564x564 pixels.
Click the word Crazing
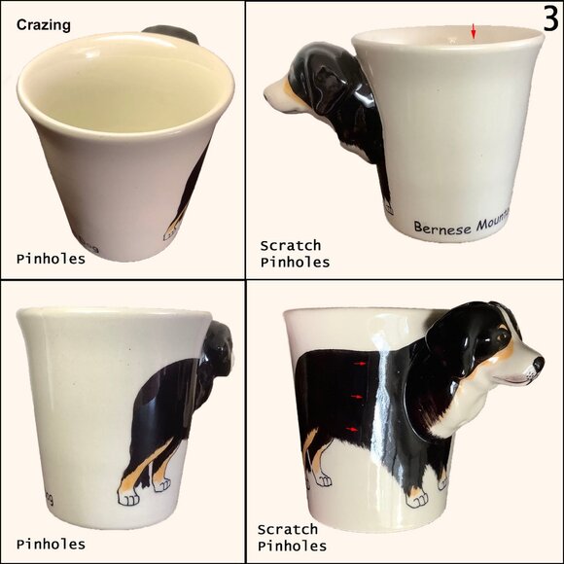pyautogui.click(x=44, y=25)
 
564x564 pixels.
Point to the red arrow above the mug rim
pyautogui.click(x=474, y=33)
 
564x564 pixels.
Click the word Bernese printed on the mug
pyautogui.click(x=442, y=227)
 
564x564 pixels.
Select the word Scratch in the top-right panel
pyautogui.click(x=289, y=246)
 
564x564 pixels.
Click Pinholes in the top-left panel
pyautogui.click(x=51, y=259)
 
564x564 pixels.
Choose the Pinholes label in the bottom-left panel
pyautogui.click(x=51, y=544)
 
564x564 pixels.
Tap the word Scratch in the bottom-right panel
pyautogui.click(x=287, y=530)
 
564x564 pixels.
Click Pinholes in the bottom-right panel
pyautogui.click(x=292, y=546)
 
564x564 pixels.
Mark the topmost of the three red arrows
pyautogui.click(x=361, y=364)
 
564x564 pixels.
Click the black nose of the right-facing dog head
pyautogui.click(x=538, y=364)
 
